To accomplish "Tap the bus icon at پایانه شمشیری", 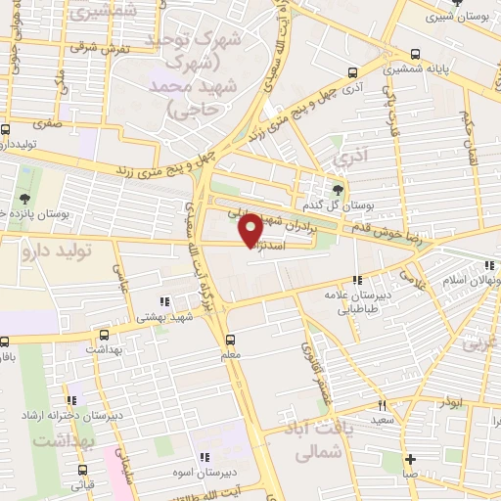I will coord(417,54).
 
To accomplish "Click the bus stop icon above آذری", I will coord(352,71).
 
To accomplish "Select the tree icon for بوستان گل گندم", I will coord(338,190).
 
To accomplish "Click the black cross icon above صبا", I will coord(410,459).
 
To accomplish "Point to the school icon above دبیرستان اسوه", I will coord(204,457).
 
